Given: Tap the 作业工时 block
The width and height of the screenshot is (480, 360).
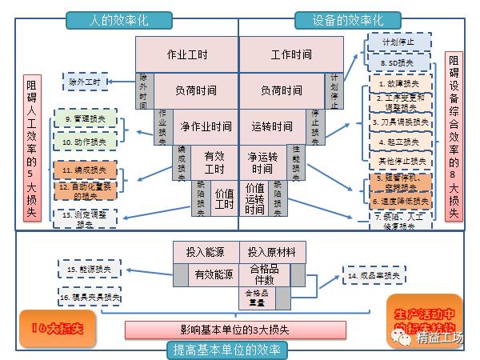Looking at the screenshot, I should pyautogui.click(x=186, y=54).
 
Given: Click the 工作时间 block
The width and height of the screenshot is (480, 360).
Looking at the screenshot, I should pyautogui.click(x=291, y=54).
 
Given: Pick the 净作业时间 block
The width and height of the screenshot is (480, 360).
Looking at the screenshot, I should pyautogui.click(x=206, y=126).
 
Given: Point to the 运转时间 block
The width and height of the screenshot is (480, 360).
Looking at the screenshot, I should pyautogui.click(x=272, y=126).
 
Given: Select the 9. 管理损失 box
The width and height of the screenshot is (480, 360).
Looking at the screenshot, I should pyautogui.click(x=86, y=120).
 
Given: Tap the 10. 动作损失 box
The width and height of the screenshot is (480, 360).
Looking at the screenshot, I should pyautogui.click(x=86, y=141).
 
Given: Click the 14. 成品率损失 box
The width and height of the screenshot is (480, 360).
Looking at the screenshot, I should pyautogui.click(x=373, y=276).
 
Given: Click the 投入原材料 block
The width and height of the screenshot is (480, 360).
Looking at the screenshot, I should pyautogui.click(x=272, y=251).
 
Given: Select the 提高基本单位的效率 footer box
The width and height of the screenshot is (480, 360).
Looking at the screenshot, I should pyautogui.click(x=239, y=350).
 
